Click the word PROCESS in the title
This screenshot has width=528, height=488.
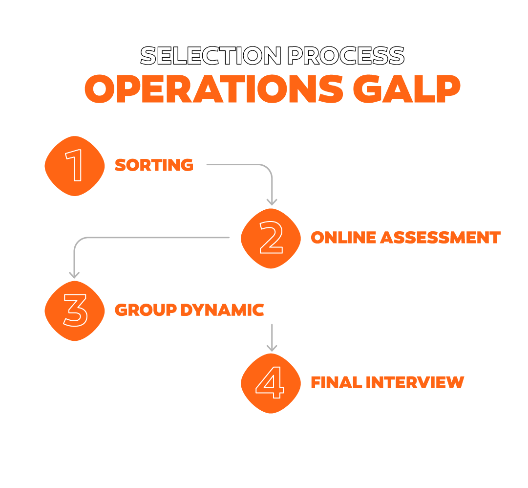(x=346, y=56)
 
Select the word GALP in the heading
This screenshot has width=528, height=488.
(x=407, y=89)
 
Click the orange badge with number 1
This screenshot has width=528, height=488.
(x=75, y=166)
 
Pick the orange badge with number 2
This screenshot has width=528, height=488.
(x=271, y=238)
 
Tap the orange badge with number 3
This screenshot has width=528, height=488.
(x=75, y=311)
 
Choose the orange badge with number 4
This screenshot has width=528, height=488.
(x=271, y=383)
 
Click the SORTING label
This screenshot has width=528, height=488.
(x=154, y=165)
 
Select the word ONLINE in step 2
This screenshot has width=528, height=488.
(x=343, y=238)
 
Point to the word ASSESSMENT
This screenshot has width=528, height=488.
(x=441, y=238)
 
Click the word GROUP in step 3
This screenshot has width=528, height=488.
(x=146, y=310)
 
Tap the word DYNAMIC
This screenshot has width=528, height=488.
(x=222, y=310)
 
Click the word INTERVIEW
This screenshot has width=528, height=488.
(x=415, y=382)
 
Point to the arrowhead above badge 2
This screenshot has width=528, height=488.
(x=272, y=202)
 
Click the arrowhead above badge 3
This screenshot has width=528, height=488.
(x=74, y=275)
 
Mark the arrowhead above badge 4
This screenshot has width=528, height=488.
(x=272, y=348)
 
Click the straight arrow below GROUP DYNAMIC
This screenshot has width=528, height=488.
(x=272, y=338)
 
